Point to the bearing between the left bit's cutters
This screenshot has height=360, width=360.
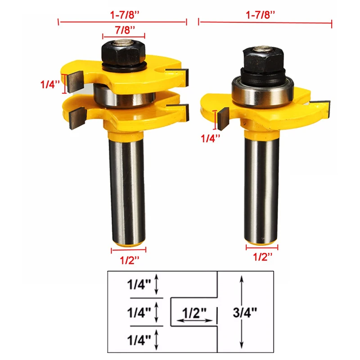[x=125, y=95]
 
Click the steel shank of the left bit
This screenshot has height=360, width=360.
[x=128, y=189]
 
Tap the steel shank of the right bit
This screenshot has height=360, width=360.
[x=261, y=189]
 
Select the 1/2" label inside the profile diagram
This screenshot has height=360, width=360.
[x=194, y=311]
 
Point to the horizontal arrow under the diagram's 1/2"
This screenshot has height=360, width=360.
[x=195, y=321]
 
